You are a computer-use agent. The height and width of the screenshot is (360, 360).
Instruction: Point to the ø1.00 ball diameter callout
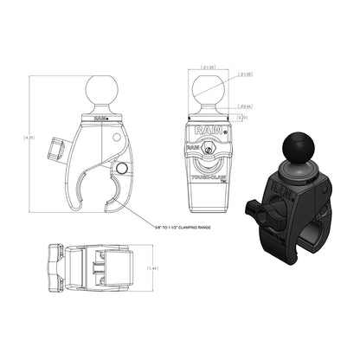click(245, 74)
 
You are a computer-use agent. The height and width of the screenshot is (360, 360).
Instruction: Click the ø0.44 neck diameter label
click(245, 105)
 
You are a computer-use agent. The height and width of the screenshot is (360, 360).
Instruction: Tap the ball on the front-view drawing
click(207, 91)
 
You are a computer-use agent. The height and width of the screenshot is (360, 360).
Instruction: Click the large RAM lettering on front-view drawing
click(206, 130)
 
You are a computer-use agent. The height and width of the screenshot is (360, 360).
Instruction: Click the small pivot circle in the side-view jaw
click(121, 168)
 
